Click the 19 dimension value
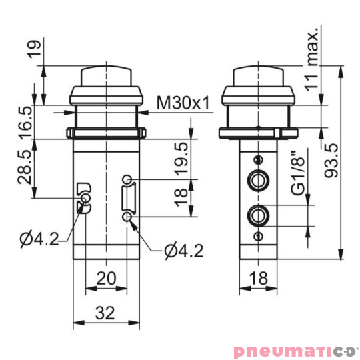click(35, 48)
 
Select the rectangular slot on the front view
click(127, 198)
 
